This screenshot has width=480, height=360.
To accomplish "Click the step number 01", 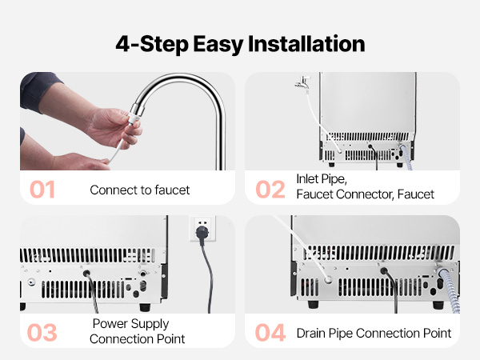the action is tap(42, 190).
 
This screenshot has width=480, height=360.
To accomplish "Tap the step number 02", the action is tap(270, 190).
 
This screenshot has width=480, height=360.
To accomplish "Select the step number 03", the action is tap(42, 333).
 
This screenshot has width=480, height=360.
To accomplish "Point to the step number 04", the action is tap(270, 333).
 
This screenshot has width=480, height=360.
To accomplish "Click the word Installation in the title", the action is tap(306, 44).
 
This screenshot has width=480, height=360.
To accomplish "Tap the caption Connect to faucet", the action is tap(139, 190).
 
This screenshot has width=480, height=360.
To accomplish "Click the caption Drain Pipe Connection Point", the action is tap(374, 333).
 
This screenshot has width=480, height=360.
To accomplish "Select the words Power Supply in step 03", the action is tap(130, 324).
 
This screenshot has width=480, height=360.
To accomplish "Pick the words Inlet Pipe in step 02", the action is tap(322, 179).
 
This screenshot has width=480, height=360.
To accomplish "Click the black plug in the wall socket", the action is tap(202, 234).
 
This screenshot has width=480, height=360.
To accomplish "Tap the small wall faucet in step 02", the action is tap(303, 82).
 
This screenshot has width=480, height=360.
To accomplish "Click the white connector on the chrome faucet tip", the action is tap(134, 118).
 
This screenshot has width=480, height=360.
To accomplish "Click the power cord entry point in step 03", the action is tap(86, 273).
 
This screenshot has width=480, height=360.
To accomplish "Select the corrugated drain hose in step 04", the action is tap(449, 290).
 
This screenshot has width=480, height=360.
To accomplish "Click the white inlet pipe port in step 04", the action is tap(328, 279).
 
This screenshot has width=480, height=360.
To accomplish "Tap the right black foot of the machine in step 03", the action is tap(145, 307).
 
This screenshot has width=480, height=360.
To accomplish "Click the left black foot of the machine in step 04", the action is tap(313, 304).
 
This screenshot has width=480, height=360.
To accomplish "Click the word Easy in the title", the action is tap(218, 44).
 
